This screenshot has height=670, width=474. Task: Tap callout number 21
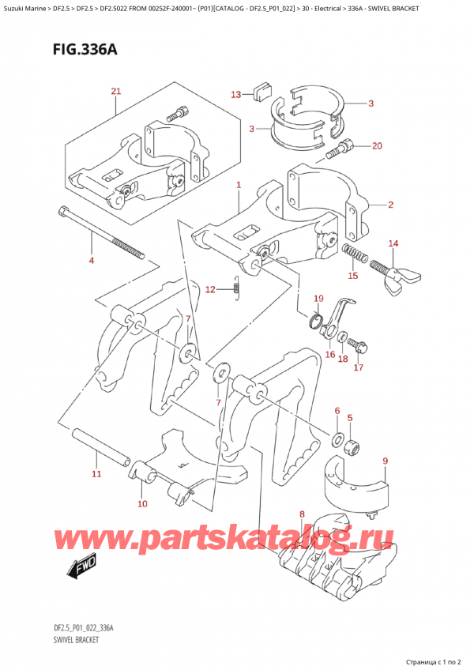[x=115, y=92]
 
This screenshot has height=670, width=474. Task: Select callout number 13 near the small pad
[x=235, y=95]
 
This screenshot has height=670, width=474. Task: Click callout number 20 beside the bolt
[x=376, y=145]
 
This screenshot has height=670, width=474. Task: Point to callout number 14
[x=393, y=243]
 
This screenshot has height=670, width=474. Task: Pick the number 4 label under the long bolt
[x=91, y=260]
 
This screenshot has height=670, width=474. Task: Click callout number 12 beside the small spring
[x=209, y=290]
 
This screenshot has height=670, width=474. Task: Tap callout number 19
[x=318, y=299]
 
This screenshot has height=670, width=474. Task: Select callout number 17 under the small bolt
[x=358, y=367]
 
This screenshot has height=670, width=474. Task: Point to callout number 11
[x=96, y=474]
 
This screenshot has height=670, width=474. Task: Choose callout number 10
[x=142, y=503]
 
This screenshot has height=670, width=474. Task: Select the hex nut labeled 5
[x=355, y=449]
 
